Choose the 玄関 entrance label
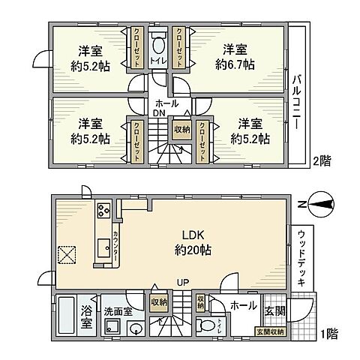coord(272,307)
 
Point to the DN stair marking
coord(160,112)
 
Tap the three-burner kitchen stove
coord(103,210)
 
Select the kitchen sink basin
coord(101,247)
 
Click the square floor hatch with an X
coord(67,253)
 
